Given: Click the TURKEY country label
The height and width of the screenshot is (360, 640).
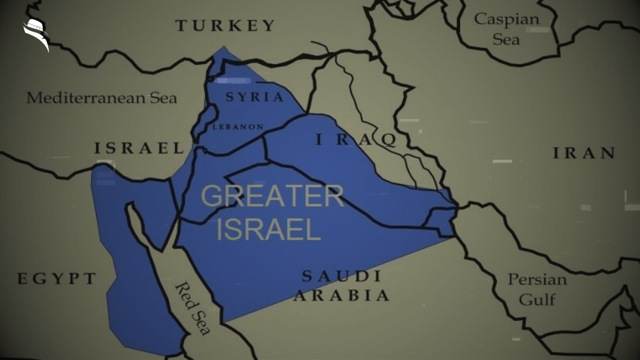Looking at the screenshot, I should coord(225,26).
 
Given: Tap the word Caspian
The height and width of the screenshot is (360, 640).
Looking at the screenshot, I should coord(506,19).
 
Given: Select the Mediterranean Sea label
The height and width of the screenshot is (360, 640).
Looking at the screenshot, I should coord(102,98).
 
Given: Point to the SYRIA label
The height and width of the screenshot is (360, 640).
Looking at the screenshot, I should coord(254,97).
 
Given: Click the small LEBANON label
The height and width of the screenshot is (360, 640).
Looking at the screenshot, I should coord(238,127).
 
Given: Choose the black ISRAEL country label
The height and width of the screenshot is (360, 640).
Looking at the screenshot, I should coord(139,148).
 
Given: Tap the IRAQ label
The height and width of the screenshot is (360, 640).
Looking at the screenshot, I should coord(356,140).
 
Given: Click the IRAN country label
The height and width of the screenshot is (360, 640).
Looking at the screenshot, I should coord(584,153).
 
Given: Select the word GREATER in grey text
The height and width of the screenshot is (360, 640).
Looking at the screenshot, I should coord(272,196).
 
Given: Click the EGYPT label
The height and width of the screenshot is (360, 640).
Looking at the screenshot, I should coord(56,278).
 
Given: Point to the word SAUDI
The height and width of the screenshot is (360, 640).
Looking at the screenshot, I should coord(342,276).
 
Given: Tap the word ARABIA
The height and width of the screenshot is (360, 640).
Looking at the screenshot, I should coord(342,296).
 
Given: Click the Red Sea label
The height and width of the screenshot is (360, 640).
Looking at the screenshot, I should coord(192,308).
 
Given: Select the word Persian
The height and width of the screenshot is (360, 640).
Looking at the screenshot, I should coord(537,280).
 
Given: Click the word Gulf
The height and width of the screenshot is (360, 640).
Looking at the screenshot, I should coord(537,300).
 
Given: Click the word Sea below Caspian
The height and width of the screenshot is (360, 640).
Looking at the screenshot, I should coord(506,40).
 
